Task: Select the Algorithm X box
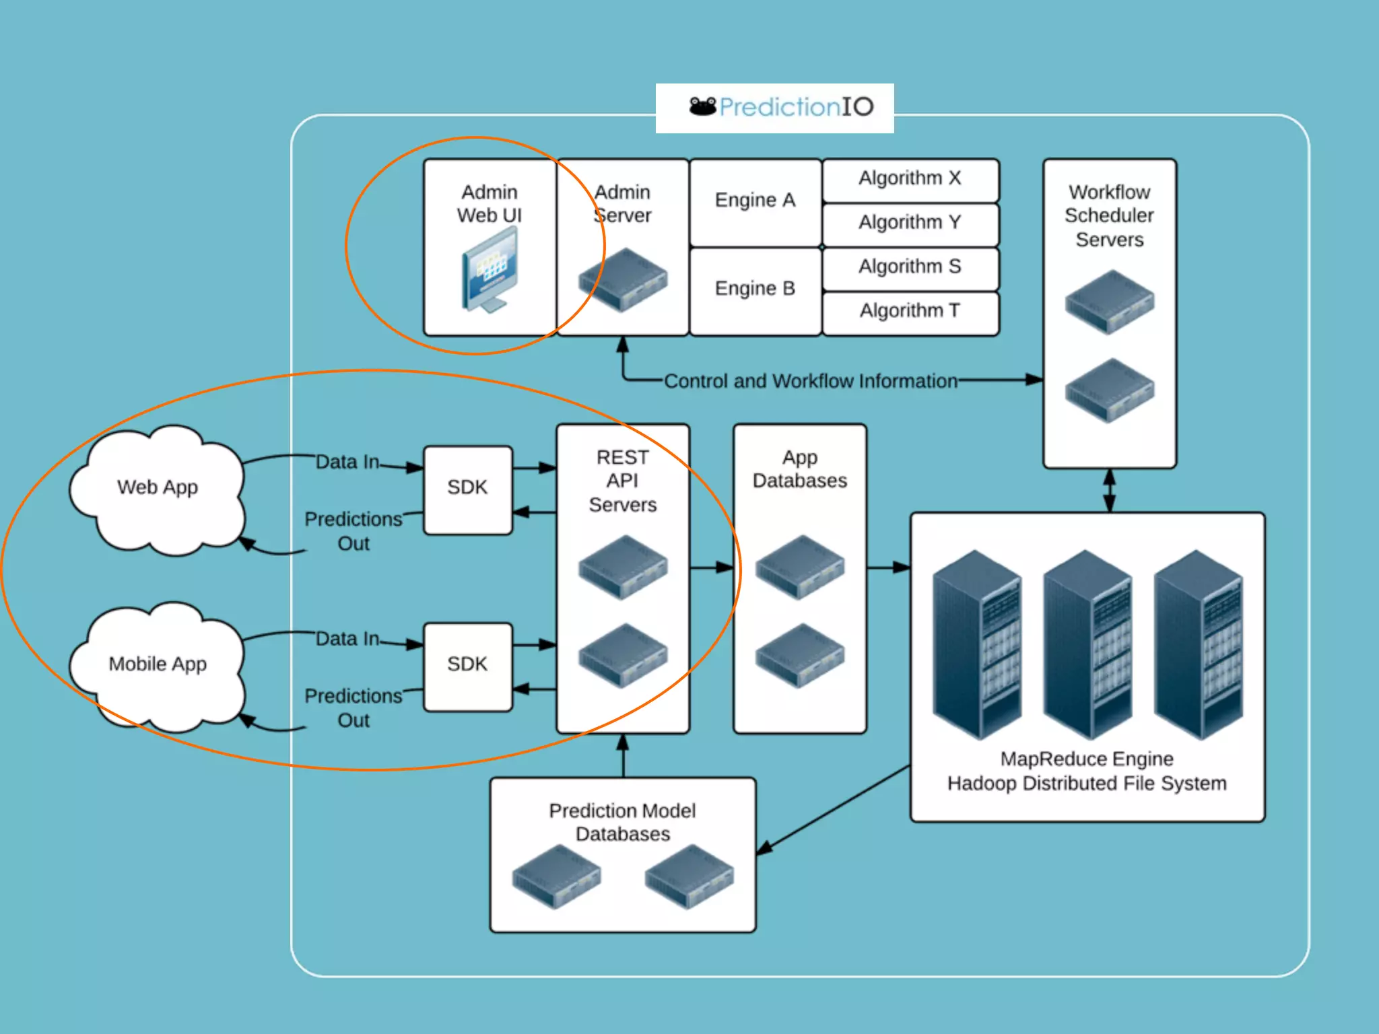coord(910,180)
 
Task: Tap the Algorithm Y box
coord(910,224)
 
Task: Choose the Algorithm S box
coord(910,269)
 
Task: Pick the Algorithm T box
coord(910,313)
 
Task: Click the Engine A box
coord(755,202)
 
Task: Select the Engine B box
coord(755,291)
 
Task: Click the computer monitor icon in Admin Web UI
coord(490,269)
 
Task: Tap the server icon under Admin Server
coord(623,279)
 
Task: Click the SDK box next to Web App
coord(468,490)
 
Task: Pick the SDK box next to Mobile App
coord(468,666)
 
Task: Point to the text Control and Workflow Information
coord(811,381)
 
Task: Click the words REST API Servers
coord(623,481)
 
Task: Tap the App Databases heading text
coord(800,469)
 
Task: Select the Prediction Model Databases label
coord(623,822)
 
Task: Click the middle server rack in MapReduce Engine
coord(1087,644)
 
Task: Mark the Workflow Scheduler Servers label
coord(1110,215)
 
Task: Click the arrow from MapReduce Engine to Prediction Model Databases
coord(833,810)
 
